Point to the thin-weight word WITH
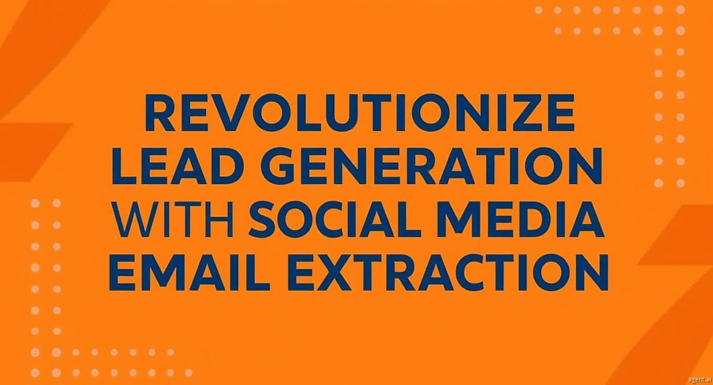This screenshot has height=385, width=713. [x=175, y=220]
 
